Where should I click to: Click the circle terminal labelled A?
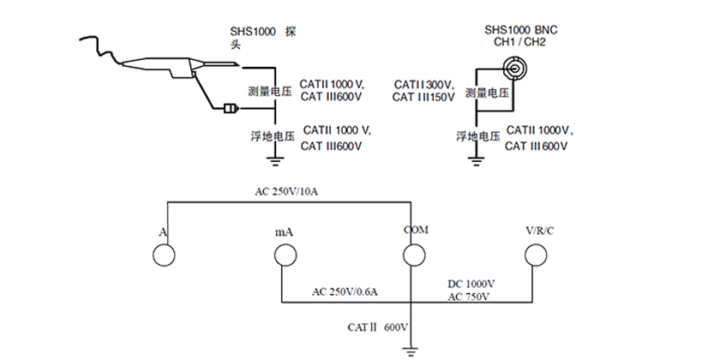click(x=163, y=255)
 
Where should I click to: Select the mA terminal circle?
click(x=284, y=255)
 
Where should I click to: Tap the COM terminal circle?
click(x=414, y=255)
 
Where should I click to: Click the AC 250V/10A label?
click(x=286, y=190)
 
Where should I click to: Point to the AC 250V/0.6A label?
click(x=345, y=292)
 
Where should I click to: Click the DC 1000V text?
click(x=471, y=283)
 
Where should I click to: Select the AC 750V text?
click(x=468, y=297)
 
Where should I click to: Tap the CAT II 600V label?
click(x=377, y=327)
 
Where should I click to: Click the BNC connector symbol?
click(x=517, y=68)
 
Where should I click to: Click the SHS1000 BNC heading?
click(x=519, y=29)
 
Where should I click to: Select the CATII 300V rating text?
click(x=423, y=84)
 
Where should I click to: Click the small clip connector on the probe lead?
click(x=231, y=108)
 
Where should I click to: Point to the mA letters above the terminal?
click(x=284, y=231)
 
